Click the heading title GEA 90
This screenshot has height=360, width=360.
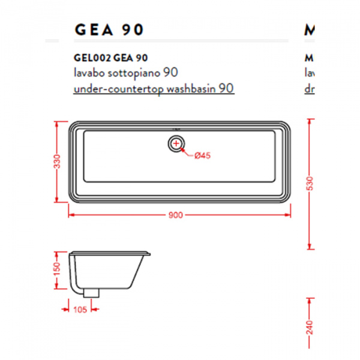click(108, 30)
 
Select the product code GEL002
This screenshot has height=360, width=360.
click(91, 58)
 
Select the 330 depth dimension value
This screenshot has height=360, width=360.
click(57, 162)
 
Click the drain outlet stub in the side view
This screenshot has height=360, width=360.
click(91, 293)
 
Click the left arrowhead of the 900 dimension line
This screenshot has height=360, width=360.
click(70, 214)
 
